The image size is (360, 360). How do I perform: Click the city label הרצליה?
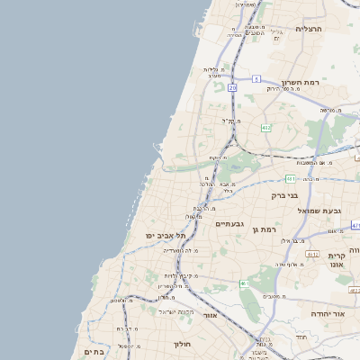(x=308, y=29)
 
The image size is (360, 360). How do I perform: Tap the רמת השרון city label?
(x=301, y=81)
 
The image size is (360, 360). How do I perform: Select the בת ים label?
(x=94, y=352)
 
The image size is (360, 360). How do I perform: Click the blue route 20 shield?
(x=232, y=87)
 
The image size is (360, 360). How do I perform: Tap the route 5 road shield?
(x=256, y=79)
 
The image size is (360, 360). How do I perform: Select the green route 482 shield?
(x=265, y=129)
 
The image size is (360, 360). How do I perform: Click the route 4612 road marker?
(x=312, y=255)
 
